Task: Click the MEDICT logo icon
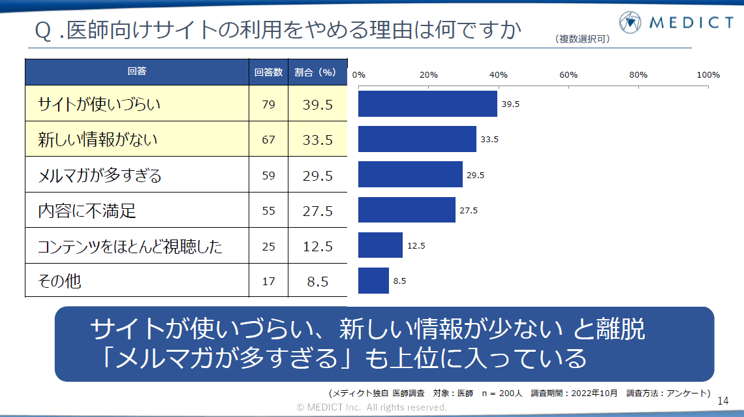(x=631, y=23)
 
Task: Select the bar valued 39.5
(x=427, y=104)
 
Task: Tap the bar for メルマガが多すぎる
(x=410, y=174)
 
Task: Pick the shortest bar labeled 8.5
(x=373, y=281)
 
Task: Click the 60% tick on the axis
(x=568, y=75)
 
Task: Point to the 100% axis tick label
(x=708, y=75)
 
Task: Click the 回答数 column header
(x=268, y=72)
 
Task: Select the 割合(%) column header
(x=317, y=72)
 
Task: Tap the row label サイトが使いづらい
(x=99, y=104)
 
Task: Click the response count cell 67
(x=268, y=140)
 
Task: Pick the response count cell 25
(x=268, y=247)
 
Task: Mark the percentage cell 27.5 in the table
(x=317, y=211)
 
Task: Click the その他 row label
(x=59, y=281)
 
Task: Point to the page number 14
(x=722, y=399)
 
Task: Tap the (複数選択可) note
(x=582, y=39)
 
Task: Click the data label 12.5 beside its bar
(x=416, y=245)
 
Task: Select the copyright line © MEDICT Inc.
(x=372, y=407)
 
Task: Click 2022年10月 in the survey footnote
(x=593, y=393)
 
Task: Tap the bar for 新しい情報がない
(x=417, y=139)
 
